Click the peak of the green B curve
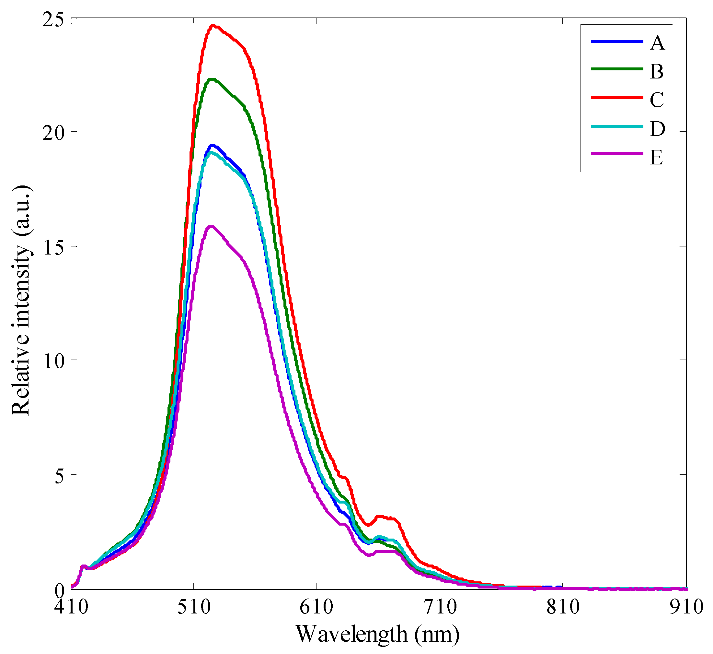pyautogui.click(x=212, y=79)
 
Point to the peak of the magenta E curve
pyautogui.click(x=211, y=227)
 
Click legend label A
pyautogui.click(x=657, y=43)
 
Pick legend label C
pyautogui.click(x=657, y=100)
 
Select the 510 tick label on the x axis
pyautogui.click(x=194, y=607)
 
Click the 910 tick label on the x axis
pyautogui.click(x=686, y=607)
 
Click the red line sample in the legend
pyautogui.click(x=617, y=97)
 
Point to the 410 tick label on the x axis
pyautogui.click(x=72, y=607)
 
